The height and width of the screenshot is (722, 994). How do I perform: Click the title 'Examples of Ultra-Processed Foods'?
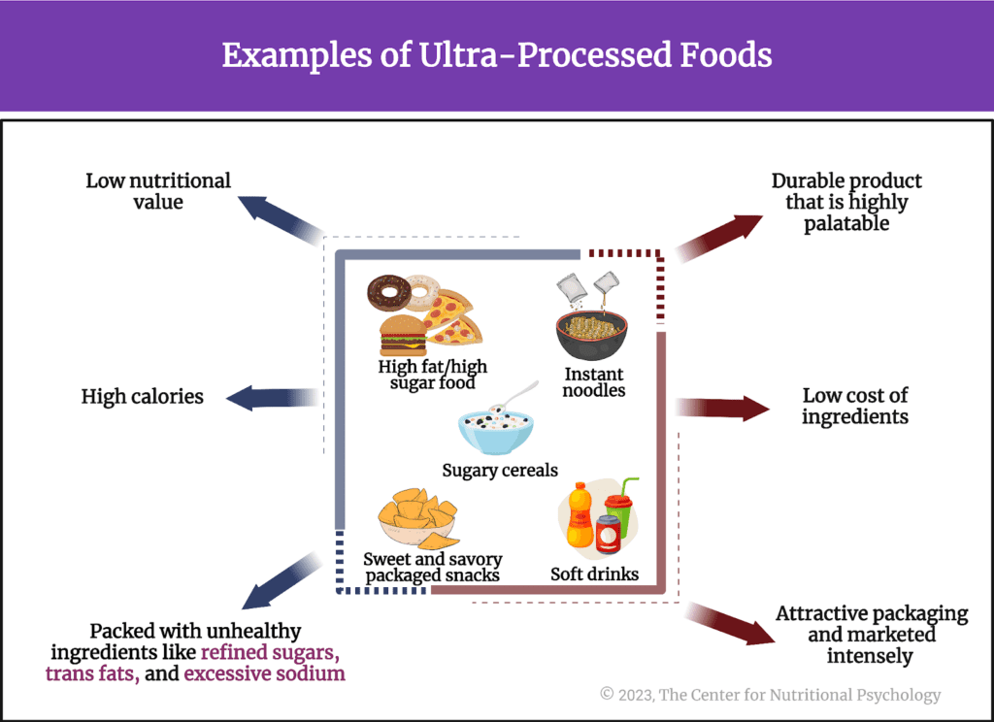tap(496, 54)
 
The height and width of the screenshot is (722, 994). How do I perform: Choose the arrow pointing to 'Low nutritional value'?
tap(278, 215)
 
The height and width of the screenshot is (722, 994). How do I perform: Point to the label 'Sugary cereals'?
tap(500, 471)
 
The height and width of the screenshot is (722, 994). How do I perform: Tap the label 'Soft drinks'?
tap(594, 574)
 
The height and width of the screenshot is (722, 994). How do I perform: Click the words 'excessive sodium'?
tap(264, 673)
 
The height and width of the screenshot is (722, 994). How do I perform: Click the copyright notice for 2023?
tap(770, 694)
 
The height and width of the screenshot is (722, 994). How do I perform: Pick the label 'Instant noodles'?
tap(593, 382)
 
